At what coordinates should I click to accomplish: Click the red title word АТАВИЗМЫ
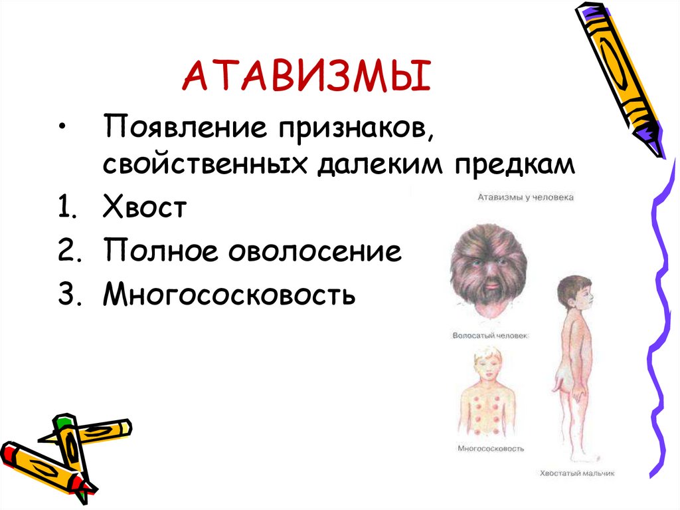(x=307, y=76)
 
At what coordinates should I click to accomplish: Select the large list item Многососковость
(x=229, y=295)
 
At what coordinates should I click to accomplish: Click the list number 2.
(x=70, y=252)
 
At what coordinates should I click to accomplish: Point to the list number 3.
(x=70, y=295)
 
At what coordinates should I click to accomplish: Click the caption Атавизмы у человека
(x=525, y=197)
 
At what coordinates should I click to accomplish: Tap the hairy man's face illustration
(x=489, y=269)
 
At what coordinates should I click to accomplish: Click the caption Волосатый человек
(x=489, y=336)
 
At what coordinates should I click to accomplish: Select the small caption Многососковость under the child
(x=491, y=448)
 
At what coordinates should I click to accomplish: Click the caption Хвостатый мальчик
(x=576, y=473)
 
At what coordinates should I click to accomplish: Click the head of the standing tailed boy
(x=572, y=293)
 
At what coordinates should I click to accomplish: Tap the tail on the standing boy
(x=557, y=386)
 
